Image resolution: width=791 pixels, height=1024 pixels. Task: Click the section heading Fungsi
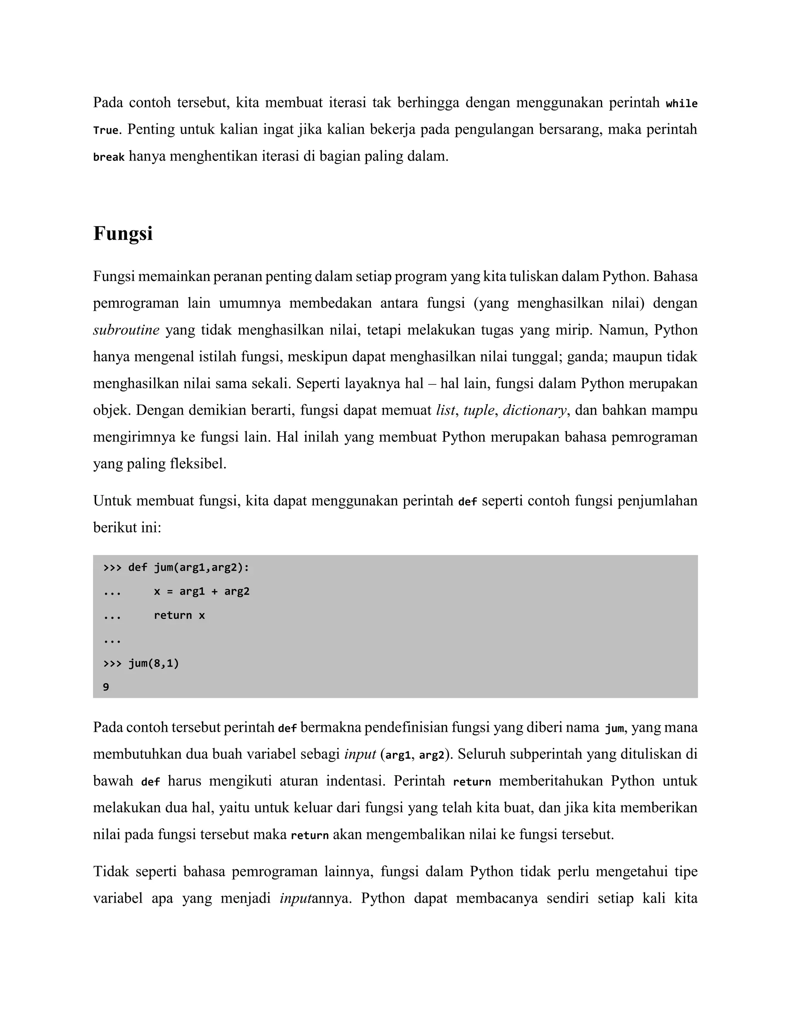[123, 233]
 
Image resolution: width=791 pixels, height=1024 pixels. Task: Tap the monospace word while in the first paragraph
[681, 104]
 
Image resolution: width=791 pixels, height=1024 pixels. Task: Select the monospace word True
[105, 130]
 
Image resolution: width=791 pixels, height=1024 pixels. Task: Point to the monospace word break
[109, 157]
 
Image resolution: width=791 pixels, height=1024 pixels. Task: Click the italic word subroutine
[126, 330]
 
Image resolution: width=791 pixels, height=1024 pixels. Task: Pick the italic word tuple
[479, 410]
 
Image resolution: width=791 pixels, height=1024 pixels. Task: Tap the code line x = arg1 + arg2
[202, 592]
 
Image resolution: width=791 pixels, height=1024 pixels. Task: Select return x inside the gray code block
[179, 616]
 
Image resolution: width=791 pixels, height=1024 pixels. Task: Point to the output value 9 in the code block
[106, 687]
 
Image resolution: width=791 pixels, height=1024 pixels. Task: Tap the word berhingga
[428, 102]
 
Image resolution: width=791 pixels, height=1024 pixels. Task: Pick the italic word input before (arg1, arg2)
[360, 754]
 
